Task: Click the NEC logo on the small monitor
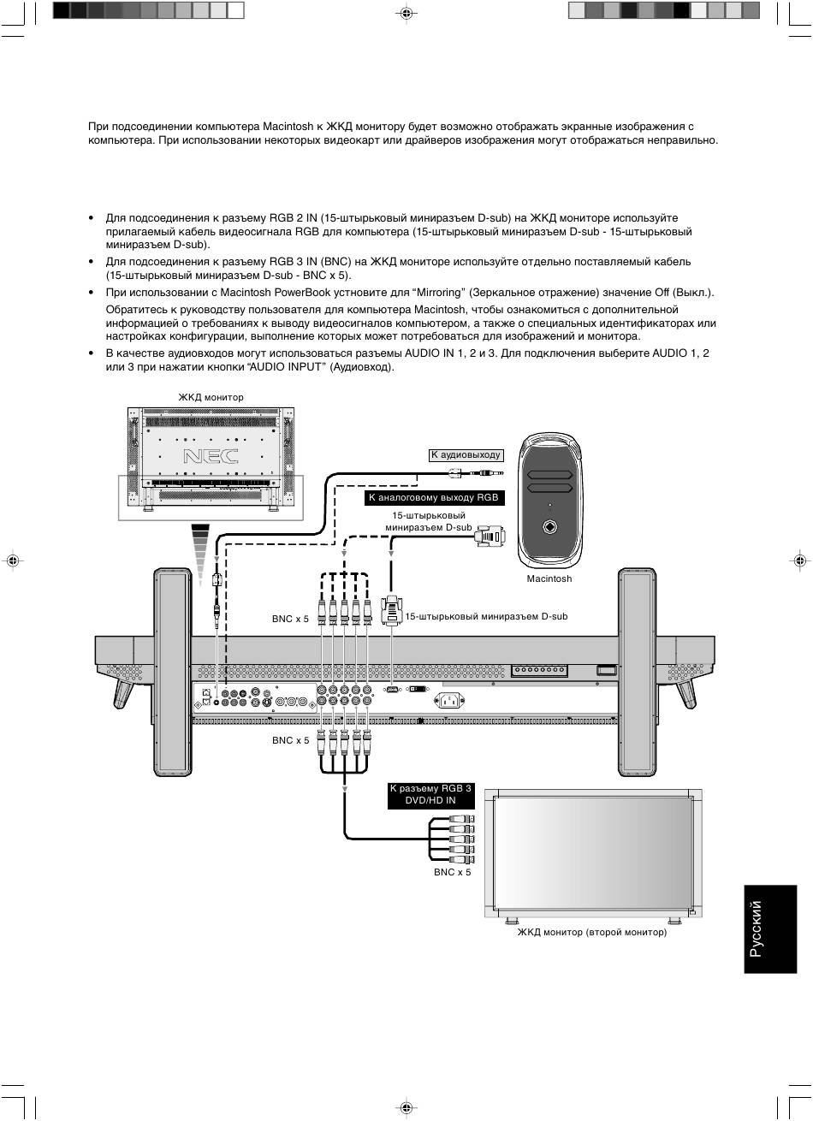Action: point(210,455)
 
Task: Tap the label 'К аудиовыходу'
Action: point(466,455)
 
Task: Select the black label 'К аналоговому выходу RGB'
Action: point(432,497)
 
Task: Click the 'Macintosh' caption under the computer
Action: point(549,579)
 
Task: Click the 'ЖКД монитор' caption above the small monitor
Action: point(211,397)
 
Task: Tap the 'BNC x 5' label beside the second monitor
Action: point(452,872)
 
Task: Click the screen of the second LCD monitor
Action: point(592,852)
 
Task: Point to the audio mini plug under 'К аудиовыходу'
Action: point(477,472)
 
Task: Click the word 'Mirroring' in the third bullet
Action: point(439,293)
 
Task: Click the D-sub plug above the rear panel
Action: point(391,610)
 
